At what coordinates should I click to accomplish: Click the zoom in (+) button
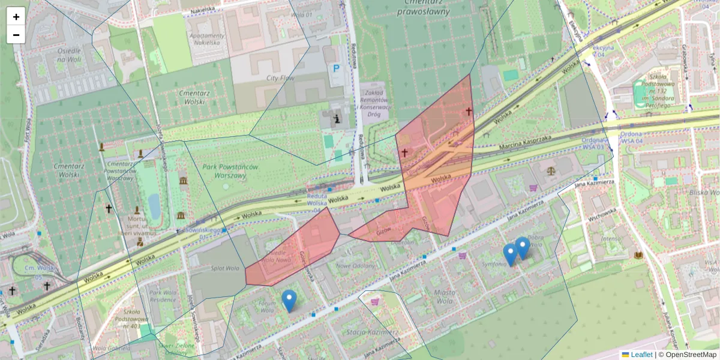[x=16, y=17]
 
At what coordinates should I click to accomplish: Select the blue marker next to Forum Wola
[x=289, y=300]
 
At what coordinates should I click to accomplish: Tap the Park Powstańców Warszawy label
[x=223, y=171]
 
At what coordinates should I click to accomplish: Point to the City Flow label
[x=280, y=78]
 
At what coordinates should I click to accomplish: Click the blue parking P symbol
[x=336, y=68]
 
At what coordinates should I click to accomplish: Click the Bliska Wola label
[x=704, y=192]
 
